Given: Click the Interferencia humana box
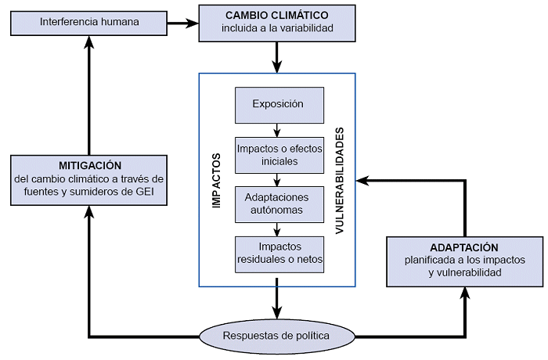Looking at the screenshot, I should point(89,22).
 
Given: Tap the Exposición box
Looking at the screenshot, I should point(277,104).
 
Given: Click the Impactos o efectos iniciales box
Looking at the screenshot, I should point(277,154).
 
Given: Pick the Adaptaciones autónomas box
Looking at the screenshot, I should point(277,203).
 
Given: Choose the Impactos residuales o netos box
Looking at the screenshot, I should point(277,252).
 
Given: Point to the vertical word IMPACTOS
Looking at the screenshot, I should point(217,180).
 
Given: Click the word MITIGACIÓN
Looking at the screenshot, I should point(89,165).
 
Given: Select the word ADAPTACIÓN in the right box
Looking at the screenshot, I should point(464,247).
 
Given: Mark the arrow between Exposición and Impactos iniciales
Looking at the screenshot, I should point(277,130).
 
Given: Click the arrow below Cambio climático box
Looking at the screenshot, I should point(277,56).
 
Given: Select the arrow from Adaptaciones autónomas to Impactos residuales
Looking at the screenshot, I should point(277,228).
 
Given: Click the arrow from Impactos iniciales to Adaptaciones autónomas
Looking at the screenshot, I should point(277,179).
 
